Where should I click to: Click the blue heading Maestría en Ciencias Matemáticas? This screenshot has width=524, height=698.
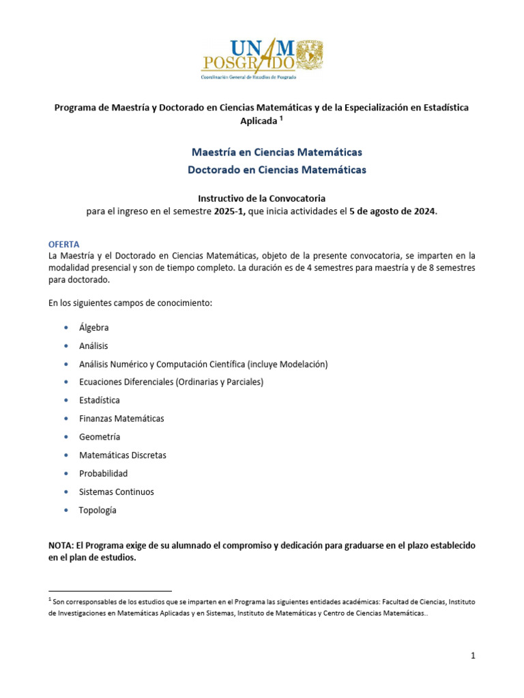click(276, 151)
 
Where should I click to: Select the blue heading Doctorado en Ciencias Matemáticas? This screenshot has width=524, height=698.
click(276, 169)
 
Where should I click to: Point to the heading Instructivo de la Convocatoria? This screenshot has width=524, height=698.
click(262, 198)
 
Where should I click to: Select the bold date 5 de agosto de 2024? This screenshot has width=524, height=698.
click(392, 211)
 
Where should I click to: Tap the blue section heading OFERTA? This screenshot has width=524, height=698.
click(64, 243)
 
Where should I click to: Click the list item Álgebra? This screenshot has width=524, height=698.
click(93, 328)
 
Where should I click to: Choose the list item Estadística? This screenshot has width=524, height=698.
click(99, 400)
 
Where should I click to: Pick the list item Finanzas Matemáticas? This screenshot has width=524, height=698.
click(121, 419)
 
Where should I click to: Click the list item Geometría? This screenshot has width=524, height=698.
click(99, 437)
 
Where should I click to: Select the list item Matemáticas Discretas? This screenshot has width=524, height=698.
click(122, 455)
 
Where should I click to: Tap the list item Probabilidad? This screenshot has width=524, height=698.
click(103, 473)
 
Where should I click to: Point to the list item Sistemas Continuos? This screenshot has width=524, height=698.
click(116, 491)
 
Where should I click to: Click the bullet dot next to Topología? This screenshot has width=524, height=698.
click(65, 510)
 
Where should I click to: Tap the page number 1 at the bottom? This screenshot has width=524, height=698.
click(472, 656)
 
